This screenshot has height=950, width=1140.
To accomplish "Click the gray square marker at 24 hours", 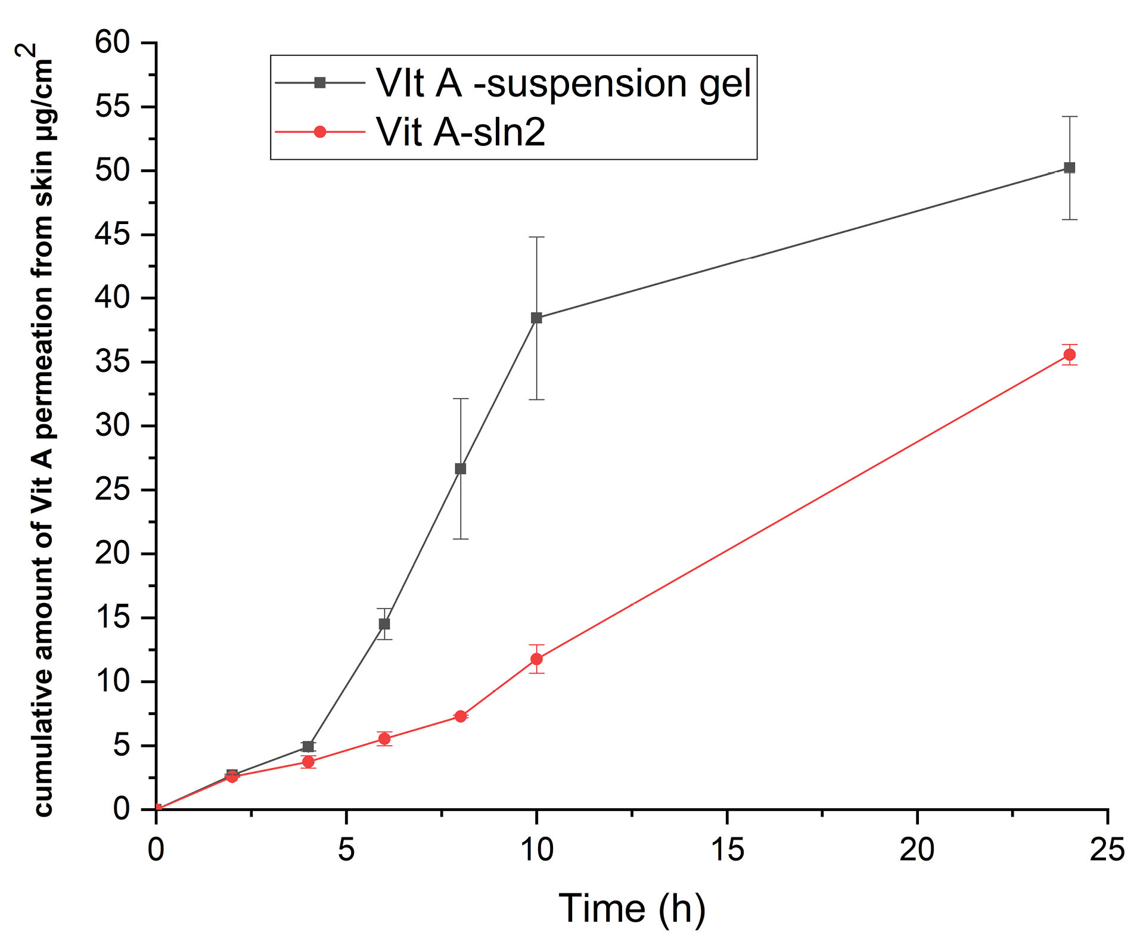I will point(1070,168).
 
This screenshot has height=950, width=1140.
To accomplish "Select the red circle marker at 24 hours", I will point(1070,355).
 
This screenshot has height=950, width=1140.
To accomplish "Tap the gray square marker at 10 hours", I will point(536,318).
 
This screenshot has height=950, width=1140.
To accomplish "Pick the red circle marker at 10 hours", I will point(536,659).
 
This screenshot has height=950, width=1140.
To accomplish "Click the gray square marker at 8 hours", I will point(461,469).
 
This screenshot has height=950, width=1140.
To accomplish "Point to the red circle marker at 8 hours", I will point(461,716).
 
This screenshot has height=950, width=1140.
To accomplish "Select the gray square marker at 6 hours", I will point(384,624).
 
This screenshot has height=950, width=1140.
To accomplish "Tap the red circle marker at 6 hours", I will point(384,739).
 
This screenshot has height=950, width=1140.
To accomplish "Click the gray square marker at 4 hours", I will point(308,747).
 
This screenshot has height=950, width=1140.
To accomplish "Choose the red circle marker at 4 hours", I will point(308,762).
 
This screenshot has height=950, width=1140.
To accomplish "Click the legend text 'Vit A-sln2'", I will point(461,132).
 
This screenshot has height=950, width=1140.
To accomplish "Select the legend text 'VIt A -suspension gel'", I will point(564,83).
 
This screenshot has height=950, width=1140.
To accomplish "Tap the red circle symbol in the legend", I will point(320,132).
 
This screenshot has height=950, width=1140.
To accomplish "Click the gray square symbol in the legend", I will point(320,83).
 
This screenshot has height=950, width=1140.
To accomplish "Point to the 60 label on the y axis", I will point(112,43).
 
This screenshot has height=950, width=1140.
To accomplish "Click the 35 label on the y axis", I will point(112,362).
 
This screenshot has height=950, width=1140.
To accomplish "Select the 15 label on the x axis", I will point(727,849).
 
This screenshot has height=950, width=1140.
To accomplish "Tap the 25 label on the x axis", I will point(1107,849).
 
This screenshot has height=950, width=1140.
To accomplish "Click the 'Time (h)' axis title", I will point(632,908).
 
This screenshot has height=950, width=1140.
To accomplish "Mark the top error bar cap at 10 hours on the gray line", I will point(536,237).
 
